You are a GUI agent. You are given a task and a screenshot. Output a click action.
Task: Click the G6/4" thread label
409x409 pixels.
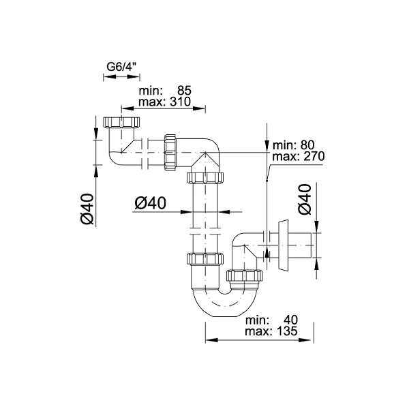coord(122,67)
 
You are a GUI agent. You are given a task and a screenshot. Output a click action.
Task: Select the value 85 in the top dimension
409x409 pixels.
coord(185,91)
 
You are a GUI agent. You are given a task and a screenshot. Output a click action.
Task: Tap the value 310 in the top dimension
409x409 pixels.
coord(181,102)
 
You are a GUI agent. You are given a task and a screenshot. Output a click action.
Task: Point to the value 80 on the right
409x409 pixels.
coord(307,145)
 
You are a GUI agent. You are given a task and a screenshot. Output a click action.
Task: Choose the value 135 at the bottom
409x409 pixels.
coord(286,331)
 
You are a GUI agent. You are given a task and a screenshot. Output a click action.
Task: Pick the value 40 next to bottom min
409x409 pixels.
coord(290,320)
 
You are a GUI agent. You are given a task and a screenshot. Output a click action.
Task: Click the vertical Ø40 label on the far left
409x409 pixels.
coord(87,209)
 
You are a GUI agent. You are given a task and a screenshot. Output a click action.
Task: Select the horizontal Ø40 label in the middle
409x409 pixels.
coord(150,203)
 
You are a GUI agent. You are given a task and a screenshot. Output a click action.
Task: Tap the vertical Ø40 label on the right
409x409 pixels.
coord(305,199)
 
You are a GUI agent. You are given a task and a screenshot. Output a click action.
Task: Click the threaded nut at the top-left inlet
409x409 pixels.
coord(121,122)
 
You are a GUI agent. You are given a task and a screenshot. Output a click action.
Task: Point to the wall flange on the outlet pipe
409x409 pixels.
coord(284,245)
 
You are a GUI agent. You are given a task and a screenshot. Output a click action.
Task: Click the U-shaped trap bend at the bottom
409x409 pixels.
coord(226,302)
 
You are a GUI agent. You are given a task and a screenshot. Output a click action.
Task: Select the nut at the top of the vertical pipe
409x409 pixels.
coord(205,178)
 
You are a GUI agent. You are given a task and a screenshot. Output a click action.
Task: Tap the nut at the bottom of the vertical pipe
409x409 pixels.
coord(205,258)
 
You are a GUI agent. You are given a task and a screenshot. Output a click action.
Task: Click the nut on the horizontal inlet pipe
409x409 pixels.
coord(170,153)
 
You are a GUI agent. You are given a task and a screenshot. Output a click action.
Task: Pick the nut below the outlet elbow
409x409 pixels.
coord(245,275)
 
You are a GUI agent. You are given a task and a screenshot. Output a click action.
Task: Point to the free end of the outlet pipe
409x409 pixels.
coord(313,245)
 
